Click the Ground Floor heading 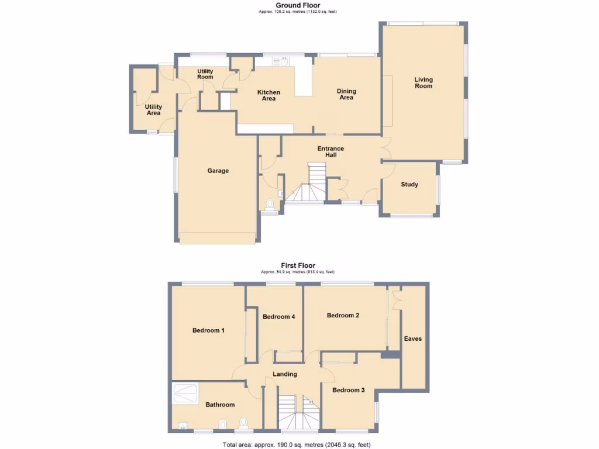point(298,5)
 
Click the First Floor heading point(298,265)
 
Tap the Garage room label point(218,171)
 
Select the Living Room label point(424,82)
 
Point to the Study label point(409,185)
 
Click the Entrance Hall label point(331,152)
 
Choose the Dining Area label point(346,94)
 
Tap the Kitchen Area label point(268,95)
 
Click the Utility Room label point(205,74)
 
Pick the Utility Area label point(153,110)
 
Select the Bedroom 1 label point(208,330)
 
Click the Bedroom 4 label point(278,317)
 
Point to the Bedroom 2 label point(343,316)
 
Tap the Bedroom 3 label point(349,390)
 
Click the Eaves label point(413,339)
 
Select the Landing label point(285,374)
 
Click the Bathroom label point(220,405)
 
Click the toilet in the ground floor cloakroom point(269,204)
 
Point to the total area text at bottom point(297,445)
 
